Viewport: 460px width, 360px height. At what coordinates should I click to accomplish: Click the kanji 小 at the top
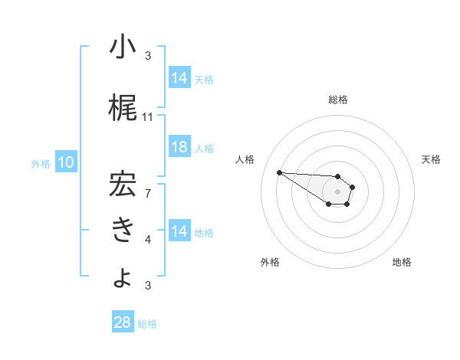click(x=122, y=48)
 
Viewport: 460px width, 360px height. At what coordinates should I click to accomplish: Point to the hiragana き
click(x=122, y=230)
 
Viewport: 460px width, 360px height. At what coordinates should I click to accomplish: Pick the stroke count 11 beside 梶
click(x=148, y=117)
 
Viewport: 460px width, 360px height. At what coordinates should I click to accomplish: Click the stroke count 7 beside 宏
click(x=148, y=192)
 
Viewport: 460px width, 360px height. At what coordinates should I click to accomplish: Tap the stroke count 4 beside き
click(x=148, y=239)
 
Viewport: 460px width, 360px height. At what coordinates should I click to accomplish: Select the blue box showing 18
click(x=179, y=148)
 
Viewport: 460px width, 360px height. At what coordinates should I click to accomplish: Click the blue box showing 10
click(x=66, y=162)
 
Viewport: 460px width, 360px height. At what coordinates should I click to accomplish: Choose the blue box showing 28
click(x=122, y=322)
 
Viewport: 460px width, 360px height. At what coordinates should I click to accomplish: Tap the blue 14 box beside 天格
click(x=179, y=77)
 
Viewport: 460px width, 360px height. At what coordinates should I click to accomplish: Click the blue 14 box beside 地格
click(x=179, y=231)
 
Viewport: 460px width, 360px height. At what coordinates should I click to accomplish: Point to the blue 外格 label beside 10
click(x=41, y=163)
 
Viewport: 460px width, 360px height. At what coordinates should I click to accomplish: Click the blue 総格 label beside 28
click(x=147, y=324)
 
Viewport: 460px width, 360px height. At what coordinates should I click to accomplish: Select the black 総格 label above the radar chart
click(x=338, y=100)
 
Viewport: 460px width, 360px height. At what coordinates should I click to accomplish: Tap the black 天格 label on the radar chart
click(x=432, y=159)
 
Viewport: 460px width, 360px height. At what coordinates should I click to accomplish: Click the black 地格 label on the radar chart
click(x=402, y=262)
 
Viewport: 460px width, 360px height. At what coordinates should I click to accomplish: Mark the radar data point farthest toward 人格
click(x=279, y=172)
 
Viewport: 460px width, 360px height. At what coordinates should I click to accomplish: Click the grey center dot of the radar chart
click(x=338, y=191)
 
